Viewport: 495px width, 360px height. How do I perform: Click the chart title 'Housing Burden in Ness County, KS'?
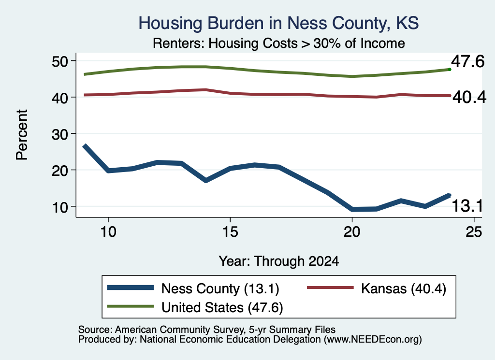[x=279, y=23]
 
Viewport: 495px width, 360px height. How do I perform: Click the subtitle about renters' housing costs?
[x=279, y=43]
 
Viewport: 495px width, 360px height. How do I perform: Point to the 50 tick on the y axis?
[x=60, y=61]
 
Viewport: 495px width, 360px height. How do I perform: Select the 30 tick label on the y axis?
[x=60, y=134]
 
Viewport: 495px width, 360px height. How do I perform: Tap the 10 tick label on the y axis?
[x=60, y=207]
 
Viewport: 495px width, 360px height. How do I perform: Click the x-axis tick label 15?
[x=230, y=232]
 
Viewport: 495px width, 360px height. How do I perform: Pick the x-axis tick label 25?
[x=474, y=232]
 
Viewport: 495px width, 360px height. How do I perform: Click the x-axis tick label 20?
[x=352, y=232]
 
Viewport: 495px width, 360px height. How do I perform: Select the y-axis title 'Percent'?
[x=22, y=135]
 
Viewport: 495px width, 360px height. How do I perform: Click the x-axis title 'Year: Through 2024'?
[x=279, y=261]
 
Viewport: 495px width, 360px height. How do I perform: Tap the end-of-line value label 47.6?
[x=467, y=61]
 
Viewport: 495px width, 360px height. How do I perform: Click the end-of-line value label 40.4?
[x=469, y=97]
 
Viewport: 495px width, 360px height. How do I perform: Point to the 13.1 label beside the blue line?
[x=467, y=206]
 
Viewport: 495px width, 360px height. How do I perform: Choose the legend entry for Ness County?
[x=193, y=288]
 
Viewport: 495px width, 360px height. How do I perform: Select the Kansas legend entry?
[x=377, y=288]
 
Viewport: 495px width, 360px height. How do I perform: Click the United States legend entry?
[x=195, y=307]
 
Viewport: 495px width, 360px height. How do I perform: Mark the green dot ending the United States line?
[x=450, y=70]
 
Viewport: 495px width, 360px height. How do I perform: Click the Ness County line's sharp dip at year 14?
[x=206, y=180]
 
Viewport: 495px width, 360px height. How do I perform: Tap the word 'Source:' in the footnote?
[x=95, y=330]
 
